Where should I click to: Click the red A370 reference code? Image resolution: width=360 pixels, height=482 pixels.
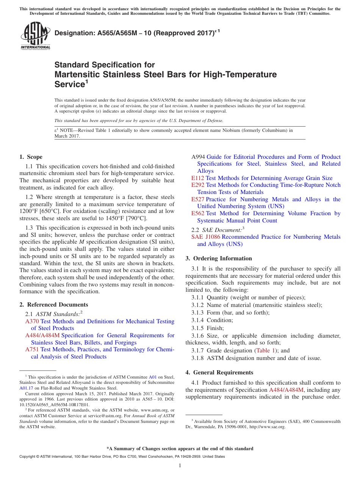[32, 321]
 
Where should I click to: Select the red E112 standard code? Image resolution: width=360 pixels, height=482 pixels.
[198, 178]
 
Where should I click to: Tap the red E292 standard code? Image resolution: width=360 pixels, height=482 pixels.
[198, 185]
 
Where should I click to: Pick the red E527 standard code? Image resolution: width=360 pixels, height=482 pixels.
[198, 199]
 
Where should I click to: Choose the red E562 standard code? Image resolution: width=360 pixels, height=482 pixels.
[198, 213]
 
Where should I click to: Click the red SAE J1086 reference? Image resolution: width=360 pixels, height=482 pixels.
[206, 237]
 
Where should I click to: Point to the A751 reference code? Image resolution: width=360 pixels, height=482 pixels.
[32, 349]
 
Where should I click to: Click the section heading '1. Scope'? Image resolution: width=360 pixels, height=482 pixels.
[31, 157]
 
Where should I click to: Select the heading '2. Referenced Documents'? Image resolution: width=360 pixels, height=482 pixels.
[53, 305]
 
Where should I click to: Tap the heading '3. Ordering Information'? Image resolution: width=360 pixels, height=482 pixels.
[219, 258]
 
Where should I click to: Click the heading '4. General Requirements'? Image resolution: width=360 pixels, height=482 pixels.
[219, 372]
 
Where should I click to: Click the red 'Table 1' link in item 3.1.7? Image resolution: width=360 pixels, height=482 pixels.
[266, 351]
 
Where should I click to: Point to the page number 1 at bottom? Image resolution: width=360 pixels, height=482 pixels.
[180, 465]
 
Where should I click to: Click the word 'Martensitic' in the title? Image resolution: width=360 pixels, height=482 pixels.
[77, 75]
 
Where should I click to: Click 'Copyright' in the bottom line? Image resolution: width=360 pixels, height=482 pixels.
[28, 457]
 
